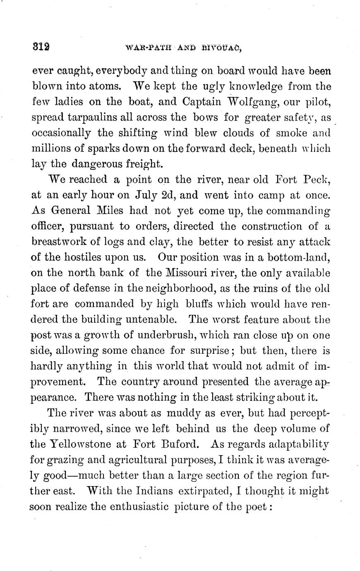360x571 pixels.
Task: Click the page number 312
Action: [x=41, y=46]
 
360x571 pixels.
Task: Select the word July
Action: [x=146, y=195]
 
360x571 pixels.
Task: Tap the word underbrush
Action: [x=173, y=335]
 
